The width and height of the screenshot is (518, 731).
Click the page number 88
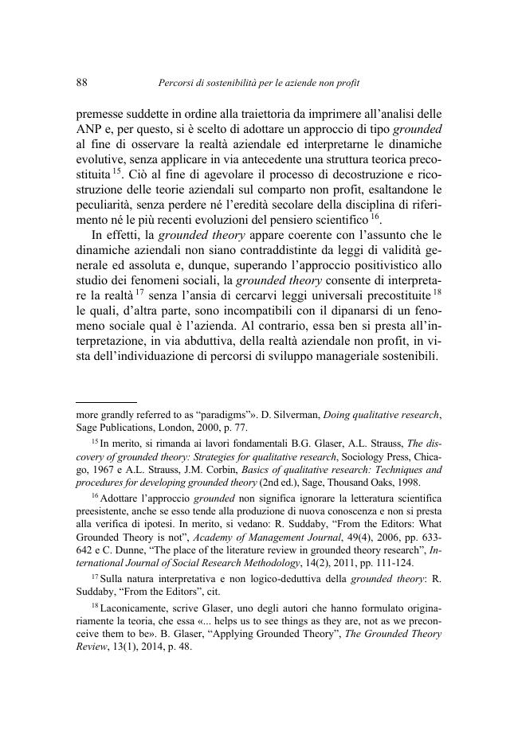point(81,82)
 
